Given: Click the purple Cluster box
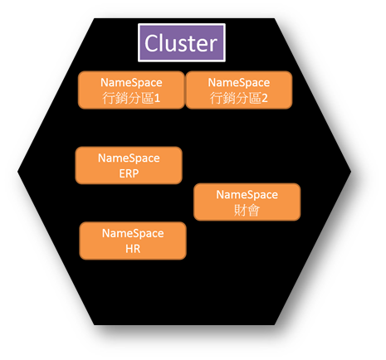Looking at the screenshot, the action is (x=182, y=42).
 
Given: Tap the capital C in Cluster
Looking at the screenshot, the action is (x=151, y=43).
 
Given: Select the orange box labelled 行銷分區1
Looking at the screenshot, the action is (x=131, y=90).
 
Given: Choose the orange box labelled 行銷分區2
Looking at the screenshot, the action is (x=239, y=90).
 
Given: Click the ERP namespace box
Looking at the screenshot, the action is (x=129, y=165).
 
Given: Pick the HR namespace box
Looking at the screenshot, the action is (x=133, y=241).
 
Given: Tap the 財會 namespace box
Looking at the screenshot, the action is (x=247, y=202).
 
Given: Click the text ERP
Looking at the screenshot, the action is (x=129, y=173).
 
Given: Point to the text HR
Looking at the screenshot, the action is (x=133, y=249).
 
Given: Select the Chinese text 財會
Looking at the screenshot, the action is (x=247, y=211).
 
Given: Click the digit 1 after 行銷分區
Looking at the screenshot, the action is (x=157, y=98).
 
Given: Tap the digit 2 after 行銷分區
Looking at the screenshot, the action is (x=265, y=98).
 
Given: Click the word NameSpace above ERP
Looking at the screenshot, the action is (x=129, y=158).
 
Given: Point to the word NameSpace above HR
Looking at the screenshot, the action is (x=133, y=233).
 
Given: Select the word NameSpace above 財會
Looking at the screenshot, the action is (x=247, y=195).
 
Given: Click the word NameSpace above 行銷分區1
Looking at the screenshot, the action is (x=131, y=83).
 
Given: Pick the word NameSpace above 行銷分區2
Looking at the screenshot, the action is (x=239, y=83).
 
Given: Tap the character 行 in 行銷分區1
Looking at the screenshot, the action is (x=109, y=98).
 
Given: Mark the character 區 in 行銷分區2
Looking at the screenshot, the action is (x=255, y=98).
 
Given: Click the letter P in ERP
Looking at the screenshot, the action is (x=135, y=173).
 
